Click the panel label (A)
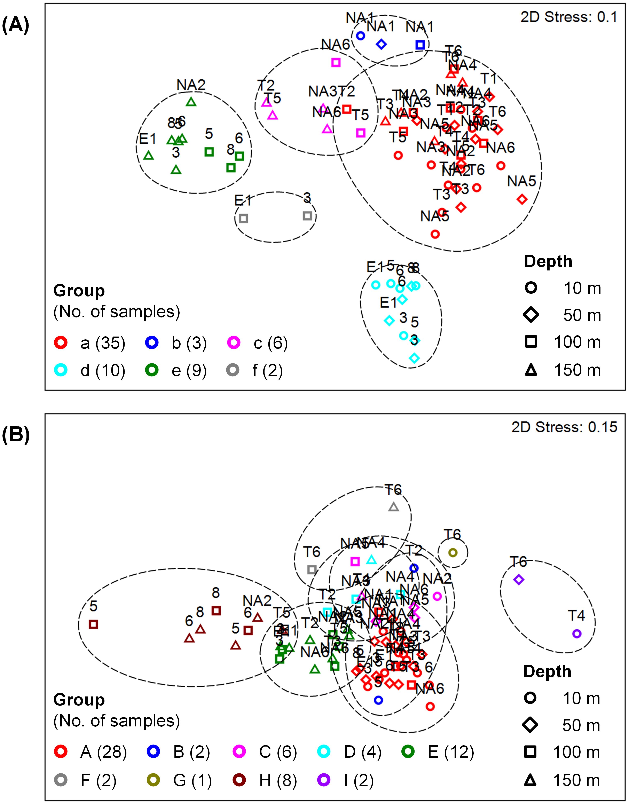15,26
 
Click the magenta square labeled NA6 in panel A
336,63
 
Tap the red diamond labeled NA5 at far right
522,199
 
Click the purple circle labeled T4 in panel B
577,634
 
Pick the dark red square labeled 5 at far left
94,624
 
